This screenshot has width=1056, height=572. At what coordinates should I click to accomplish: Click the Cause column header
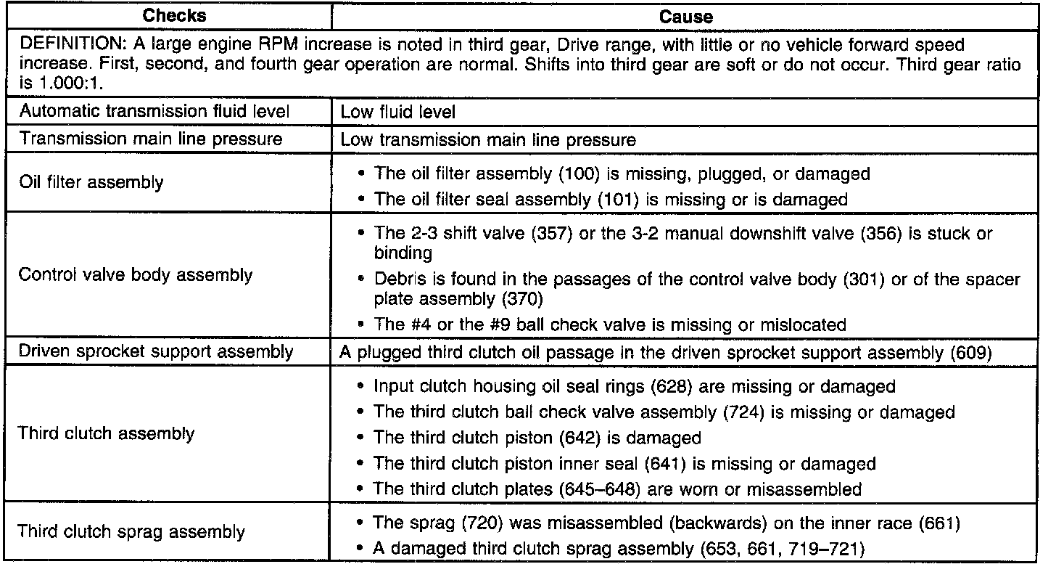(x=685, y=17)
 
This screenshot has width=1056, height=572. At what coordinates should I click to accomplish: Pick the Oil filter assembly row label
(x=91, y=182)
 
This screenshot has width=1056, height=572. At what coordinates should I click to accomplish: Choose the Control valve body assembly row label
(x=136, y=275)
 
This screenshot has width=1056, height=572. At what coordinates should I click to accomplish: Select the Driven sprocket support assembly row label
(x=156, y=352)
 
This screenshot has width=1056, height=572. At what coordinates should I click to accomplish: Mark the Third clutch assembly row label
(x=106, y=434)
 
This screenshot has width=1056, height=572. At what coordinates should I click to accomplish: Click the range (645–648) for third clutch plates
(x=599, y=489)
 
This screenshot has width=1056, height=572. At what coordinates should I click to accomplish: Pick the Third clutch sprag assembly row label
(x=131, y=531)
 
